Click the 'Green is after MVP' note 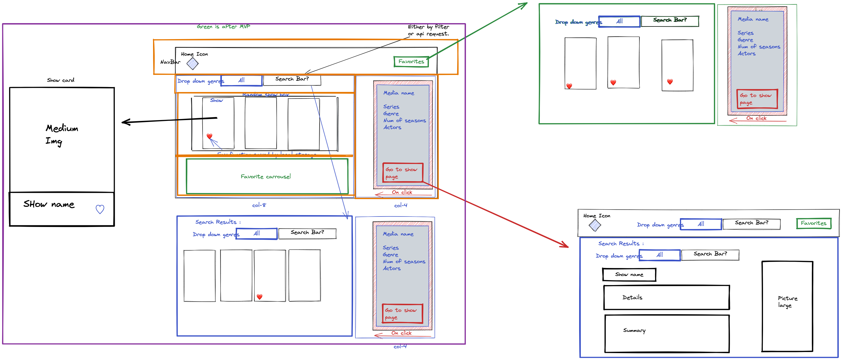(x=223, y=26)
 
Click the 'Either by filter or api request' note (x=428, y=30)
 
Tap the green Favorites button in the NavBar (x=411, y=61)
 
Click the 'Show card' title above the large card (x=61, y=80)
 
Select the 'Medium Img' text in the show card (x=61, y=134)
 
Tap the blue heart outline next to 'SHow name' (x=100, y=209)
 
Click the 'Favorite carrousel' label (x=265, y=177)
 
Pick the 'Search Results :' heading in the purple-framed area (x=218, y=222)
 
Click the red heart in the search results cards (x=260, y=297)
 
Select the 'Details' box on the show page (x=666, y=297)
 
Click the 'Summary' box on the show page (x=667, y=334)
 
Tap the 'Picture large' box (x=787, y=306)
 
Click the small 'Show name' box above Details (x=629, y=275)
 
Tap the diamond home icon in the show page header (x=595, y=225)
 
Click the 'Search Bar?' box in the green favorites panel (x=670, y=21)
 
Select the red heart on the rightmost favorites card (x=670, y=82)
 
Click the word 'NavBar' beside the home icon (x=170, y=62)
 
